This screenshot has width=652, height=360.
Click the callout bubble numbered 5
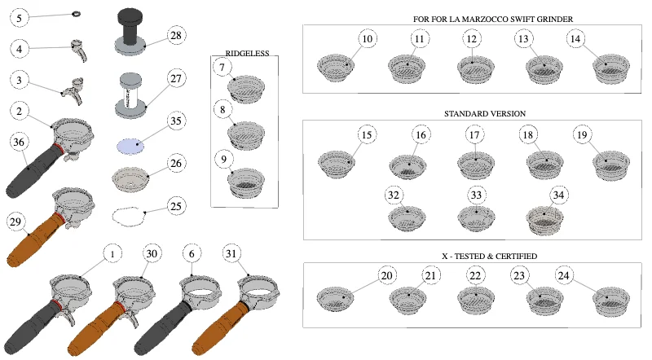click(19, 18)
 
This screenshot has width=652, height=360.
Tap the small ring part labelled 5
click(77, 14)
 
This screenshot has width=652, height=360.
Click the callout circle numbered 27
click(176, 78)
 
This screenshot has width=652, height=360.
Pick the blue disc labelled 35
click(130, 147)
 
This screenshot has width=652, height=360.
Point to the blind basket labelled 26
click(130, 179)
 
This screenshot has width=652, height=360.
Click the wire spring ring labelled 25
click(129, 216)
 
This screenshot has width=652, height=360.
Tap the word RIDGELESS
click(247, 53)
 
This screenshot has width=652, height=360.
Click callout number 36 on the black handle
click(19, 143)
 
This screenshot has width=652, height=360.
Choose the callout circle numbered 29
click(15, 222)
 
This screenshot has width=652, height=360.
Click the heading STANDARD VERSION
click(485, 113)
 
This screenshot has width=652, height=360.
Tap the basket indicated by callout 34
click(544, 219)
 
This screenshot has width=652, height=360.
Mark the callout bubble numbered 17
click(474, 134)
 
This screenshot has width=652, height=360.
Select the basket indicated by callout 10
click(336, 68)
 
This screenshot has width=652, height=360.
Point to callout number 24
click(563, 275)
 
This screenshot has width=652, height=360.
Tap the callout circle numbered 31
click(231, 253)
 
